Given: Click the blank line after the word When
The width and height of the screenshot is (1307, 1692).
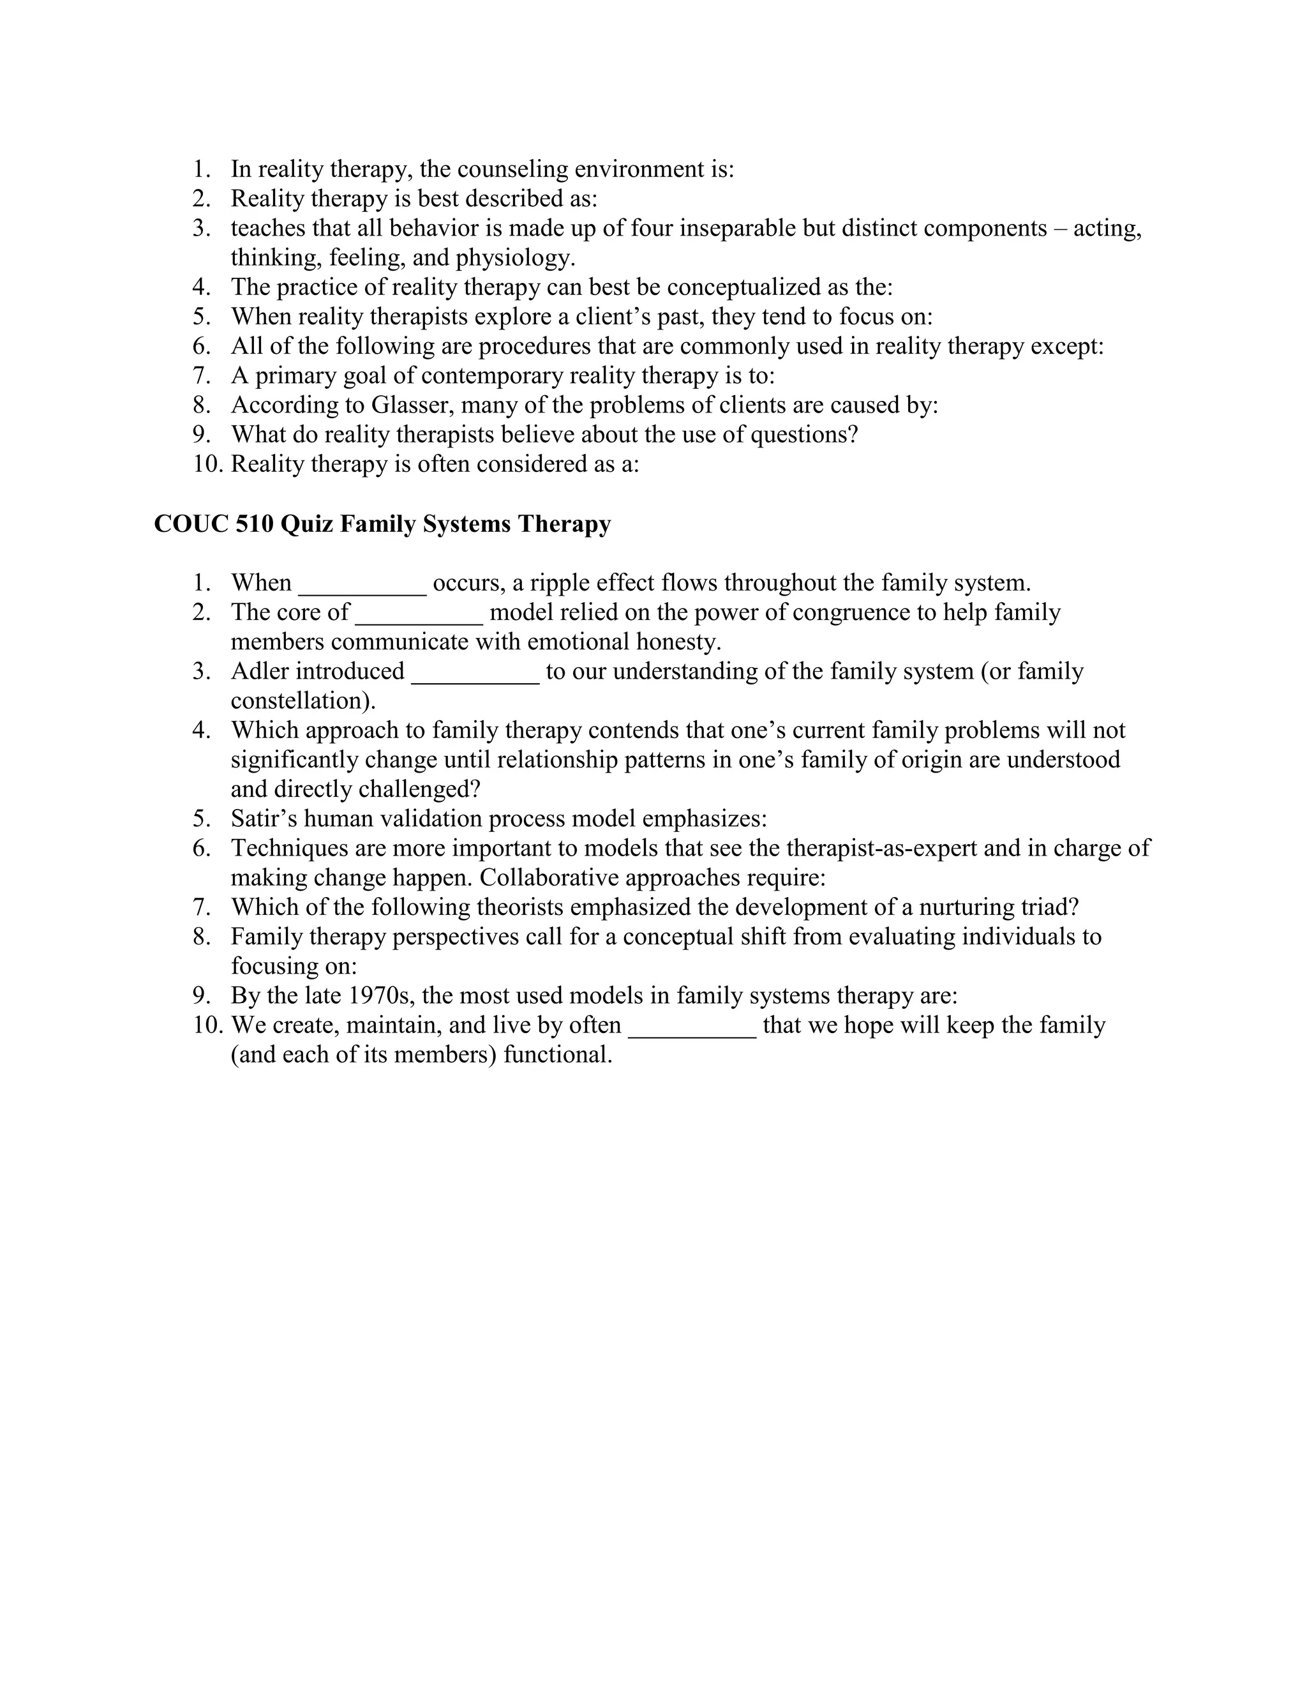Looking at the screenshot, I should click(362, 584).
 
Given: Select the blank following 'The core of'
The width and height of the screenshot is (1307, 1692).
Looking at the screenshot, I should click(419, 614).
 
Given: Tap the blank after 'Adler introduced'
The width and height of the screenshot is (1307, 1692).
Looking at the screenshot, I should click(475, 672).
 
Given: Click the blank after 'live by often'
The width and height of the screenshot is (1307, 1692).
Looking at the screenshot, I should click(691, 1027).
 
